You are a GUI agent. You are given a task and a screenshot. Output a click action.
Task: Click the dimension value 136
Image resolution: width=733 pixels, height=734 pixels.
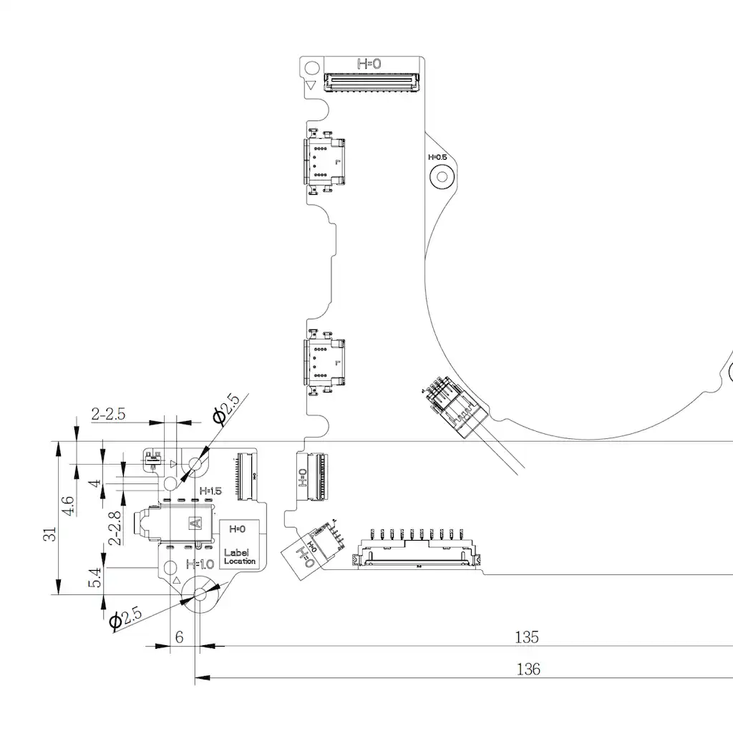point(528,670)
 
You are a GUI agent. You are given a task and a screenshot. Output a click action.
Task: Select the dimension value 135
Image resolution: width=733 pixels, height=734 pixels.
point(527,637)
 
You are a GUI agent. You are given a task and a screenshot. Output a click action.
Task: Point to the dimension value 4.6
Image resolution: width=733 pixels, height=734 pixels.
point(68,506)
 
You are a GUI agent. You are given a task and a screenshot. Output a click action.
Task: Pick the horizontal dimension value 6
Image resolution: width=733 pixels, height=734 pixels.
point(179,637)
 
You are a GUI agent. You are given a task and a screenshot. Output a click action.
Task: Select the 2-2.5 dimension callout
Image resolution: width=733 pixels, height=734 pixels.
point(108,413)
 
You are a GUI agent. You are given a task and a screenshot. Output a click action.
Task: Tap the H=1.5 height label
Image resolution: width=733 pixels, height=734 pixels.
point(211,491)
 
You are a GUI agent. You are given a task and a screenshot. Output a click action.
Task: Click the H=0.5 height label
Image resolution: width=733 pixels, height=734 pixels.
point(437,157)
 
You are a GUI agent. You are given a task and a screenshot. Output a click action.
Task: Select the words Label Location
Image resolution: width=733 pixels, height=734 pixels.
point(239,556)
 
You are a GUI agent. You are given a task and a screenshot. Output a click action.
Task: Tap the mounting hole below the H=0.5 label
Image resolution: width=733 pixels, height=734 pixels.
point(442,176)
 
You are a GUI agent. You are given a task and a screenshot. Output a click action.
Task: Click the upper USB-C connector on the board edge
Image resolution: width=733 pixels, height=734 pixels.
point(323,163)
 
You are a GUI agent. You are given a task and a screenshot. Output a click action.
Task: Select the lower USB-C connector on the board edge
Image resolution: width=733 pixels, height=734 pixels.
point(323,363)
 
